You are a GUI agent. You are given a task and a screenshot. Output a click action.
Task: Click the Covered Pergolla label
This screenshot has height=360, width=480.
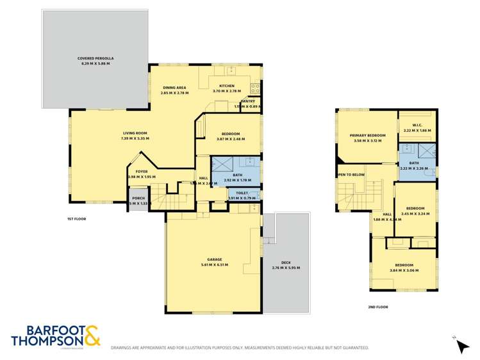tap(95, 59)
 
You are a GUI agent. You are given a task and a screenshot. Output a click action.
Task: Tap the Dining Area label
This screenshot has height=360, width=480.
tap(174, 88)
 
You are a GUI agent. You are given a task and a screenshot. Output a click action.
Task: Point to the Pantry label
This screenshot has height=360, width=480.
tap(248, 101)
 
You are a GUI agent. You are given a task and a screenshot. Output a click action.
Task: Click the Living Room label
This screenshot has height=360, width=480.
tap(135, 133)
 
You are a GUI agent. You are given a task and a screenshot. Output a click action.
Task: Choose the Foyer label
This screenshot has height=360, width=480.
tap(141, 171)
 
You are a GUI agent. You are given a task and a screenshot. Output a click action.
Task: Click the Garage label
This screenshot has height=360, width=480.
tap(214, 259)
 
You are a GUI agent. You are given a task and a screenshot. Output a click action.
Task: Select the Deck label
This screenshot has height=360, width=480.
tap(285, 262)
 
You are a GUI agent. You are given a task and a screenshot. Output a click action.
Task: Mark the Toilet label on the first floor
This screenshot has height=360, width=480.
tap(242, 193)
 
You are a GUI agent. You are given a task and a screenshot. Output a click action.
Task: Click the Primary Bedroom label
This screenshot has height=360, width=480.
tap(367, 135)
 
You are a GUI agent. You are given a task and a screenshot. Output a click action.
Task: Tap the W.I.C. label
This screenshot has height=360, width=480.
tap(417, 125)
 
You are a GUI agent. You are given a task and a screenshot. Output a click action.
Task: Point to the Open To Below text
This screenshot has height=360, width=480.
tap(351, 174)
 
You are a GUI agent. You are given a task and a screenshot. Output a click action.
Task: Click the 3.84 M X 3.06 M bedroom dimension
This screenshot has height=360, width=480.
tap(404, 270)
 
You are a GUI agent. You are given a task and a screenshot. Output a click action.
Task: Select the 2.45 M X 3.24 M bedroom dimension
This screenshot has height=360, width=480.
tap(416, 214)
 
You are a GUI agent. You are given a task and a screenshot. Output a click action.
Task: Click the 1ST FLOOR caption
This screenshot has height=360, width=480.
tap(76, 219)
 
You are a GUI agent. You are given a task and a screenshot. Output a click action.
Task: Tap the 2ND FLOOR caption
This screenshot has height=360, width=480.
tap(377, 307)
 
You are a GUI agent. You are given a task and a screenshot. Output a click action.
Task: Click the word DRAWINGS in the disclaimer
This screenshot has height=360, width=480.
tap(125, 348)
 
